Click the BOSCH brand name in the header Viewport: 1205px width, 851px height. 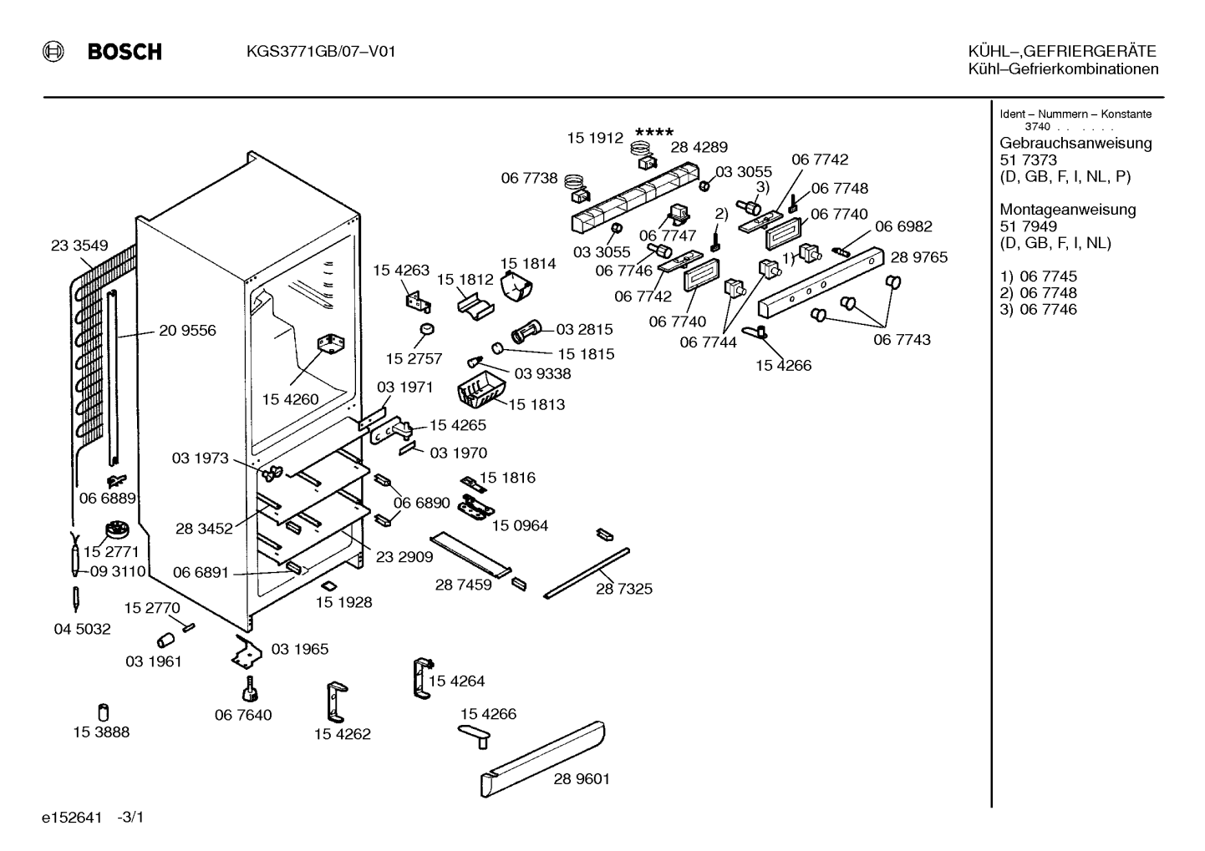click(x=125, y=52)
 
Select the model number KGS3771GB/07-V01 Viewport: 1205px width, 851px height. click(x=321, y=52)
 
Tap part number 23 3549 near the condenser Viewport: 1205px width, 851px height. click(x=79, y=246)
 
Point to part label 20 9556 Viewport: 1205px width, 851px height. click(x=187, y=330)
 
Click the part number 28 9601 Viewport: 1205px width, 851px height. click(x=582, y=779)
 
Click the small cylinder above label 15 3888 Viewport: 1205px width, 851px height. click(x=104, y=712)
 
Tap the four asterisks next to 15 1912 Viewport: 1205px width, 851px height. click(x=654, y=132)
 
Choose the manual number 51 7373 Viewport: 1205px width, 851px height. click(x=1028, y=160)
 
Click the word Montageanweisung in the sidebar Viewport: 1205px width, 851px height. click(x=1068, y=209)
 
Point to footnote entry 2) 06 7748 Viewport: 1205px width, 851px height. click(x=1038, y=293)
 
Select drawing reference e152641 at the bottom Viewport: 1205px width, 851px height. click(x=72, y=818)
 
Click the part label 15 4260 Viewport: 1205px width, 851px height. click(x=291, y=399)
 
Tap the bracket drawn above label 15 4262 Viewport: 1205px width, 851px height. click(x=337, y=702)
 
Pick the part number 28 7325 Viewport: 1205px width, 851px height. click(x=624, y=589)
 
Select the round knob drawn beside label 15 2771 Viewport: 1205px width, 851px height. click(x=116, y=530)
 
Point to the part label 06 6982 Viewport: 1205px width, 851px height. click(x=903, y=226)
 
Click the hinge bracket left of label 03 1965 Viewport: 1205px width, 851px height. click(x=247, y=652)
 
